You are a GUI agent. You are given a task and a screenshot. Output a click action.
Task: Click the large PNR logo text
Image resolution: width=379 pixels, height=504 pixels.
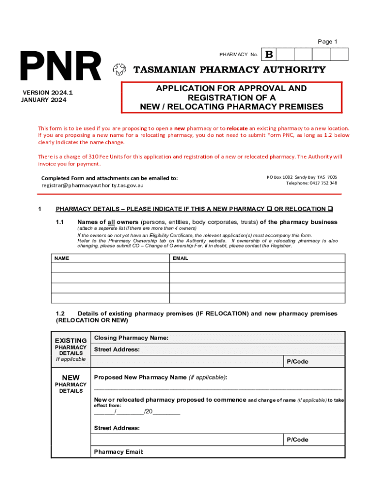pos(60,67)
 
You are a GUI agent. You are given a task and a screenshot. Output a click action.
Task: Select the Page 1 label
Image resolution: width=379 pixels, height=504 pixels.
pos(327,42)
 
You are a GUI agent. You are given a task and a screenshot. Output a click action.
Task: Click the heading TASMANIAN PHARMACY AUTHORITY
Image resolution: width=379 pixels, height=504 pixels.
pos(230,70)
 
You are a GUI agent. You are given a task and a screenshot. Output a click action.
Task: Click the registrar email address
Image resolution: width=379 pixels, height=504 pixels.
pos(93,186)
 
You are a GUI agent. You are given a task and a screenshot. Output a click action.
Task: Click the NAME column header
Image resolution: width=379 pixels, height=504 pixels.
pos(62,258)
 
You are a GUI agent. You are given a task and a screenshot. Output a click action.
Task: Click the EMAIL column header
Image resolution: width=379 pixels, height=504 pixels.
pos(180,258)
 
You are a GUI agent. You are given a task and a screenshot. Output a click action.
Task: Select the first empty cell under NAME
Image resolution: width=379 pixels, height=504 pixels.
pos(110,267)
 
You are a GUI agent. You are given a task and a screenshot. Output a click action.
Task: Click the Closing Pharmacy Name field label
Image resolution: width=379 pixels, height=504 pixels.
pos(131,338)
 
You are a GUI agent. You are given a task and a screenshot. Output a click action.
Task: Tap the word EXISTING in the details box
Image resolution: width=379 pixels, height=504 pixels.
pos(71,341)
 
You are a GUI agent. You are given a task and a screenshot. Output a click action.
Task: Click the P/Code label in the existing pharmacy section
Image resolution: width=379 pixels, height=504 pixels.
pos(297,362)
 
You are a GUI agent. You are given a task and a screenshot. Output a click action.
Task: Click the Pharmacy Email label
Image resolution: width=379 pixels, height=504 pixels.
pos(119,451)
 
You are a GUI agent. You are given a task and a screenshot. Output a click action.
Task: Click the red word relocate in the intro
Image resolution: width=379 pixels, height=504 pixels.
pos(238,128)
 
